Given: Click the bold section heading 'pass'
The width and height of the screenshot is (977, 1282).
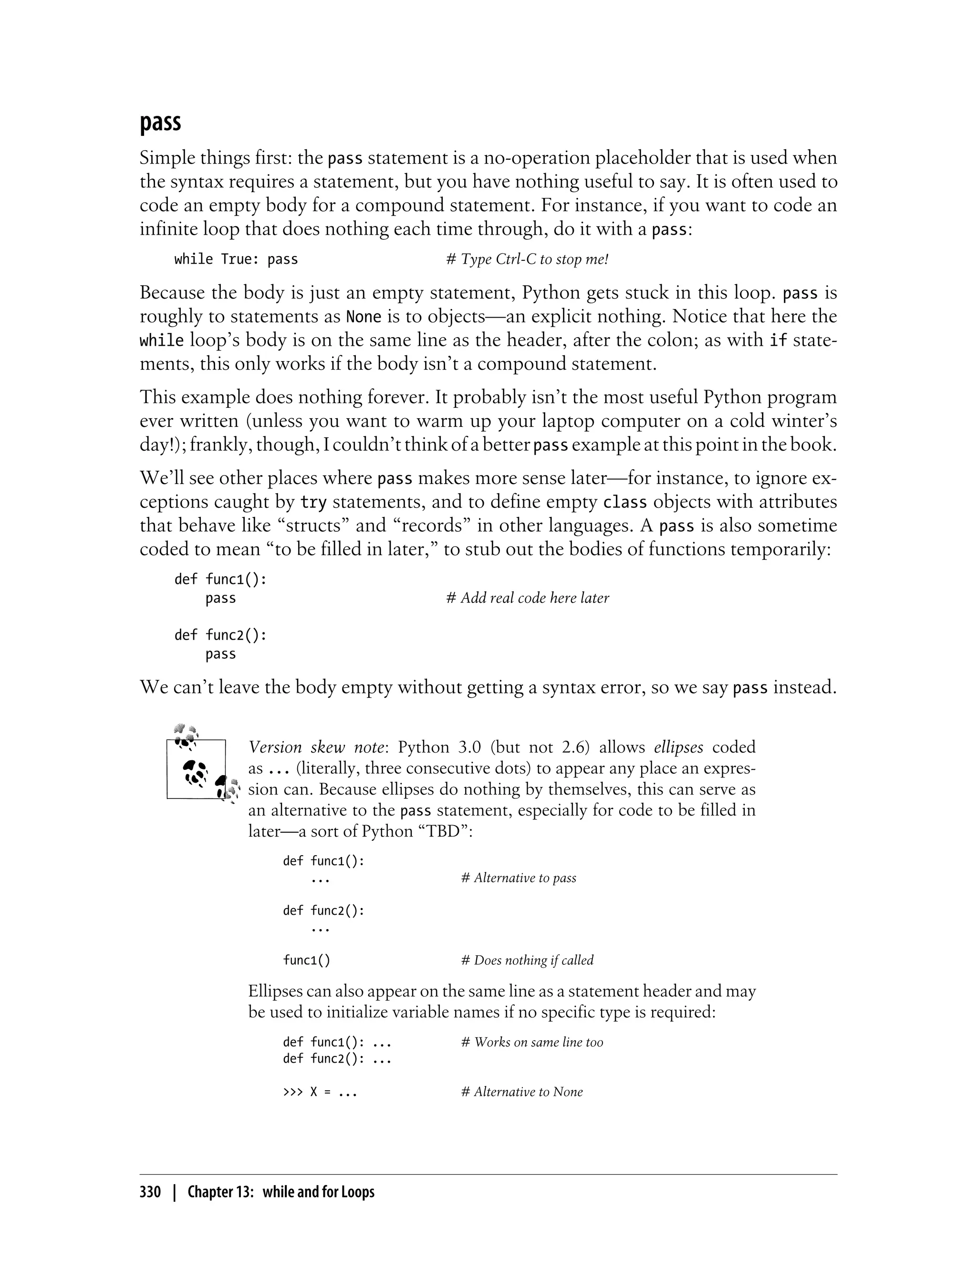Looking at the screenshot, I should pos(160,123).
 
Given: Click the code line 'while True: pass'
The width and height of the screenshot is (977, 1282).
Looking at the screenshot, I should pos(236,259).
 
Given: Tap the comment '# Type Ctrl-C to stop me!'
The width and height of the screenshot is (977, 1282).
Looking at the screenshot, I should pos(527,259).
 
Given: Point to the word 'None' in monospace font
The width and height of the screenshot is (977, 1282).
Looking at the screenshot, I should pos(364,317).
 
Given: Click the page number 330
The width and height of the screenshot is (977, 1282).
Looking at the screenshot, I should pos(150,1192).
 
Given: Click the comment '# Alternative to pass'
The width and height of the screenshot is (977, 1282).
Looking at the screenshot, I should pos(519,878).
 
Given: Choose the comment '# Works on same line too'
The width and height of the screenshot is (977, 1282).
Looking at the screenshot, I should pos(532,1043).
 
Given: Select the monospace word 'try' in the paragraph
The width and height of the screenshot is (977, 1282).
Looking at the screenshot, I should pos(313,502).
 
